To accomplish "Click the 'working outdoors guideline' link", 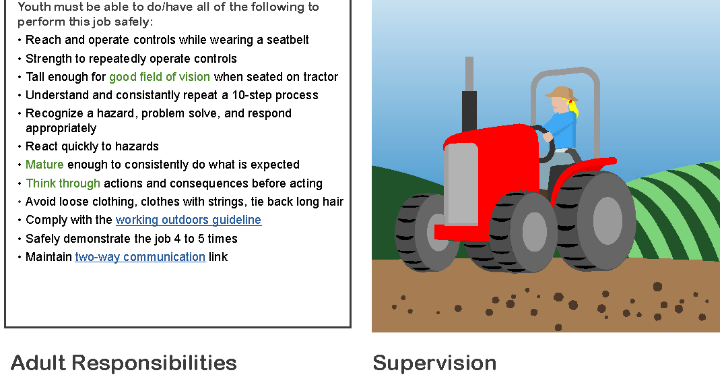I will pyautogui.click(x=188, y=221).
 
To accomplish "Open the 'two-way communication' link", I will pyautogui.click(x=140, y=257).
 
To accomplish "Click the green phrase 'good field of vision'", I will pyautogui.click(x=160, y=77).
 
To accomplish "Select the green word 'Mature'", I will pyautogui.click(x=44, y=165).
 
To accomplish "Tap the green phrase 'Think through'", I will pyautogui.click(x=63, y=183).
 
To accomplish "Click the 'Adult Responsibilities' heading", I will pyautogui.click(x=124, y=363).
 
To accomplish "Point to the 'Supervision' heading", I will pyautogui.click(x=434, y=363).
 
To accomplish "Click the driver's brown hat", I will pyautogui.click(x=561, y=93).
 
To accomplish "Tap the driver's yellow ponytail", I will pyautogui.click(x=574, y=108).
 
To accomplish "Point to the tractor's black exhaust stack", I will pyautogui.click(x=469, y=108).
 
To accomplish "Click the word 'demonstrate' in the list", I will pyautogui.click(x=90, y=239).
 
